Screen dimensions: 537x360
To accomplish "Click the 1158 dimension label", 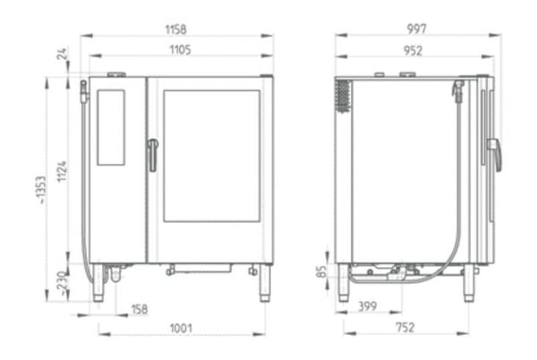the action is (x=176, y=30).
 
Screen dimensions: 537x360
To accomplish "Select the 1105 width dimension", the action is (x=181, y=50).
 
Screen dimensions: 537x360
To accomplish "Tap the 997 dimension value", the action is (x=417, y=29).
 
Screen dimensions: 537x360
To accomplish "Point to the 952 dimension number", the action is (x=413, y=51).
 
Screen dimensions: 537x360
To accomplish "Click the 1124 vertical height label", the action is (x=62, y=171).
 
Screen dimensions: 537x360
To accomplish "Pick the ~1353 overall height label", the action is (x=41, y=190).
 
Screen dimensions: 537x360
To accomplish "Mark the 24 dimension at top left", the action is (x=63, y=54).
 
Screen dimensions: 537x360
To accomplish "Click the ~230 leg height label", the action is (x=62, y=283).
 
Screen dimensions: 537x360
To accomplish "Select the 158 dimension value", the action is (x=140, y=309).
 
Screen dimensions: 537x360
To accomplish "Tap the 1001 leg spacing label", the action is (x=181, y=329).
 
